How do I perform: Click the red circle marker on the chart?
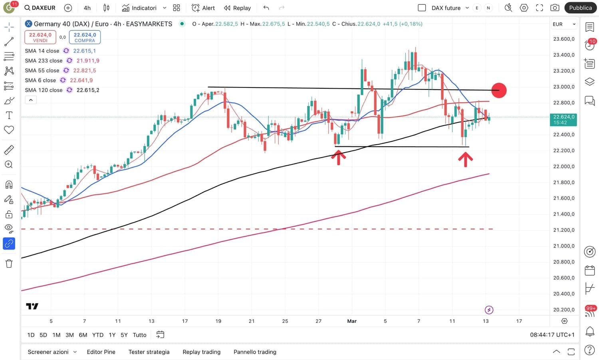[x=499, y=90]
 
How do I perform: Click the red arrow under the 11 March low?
[x=465, y=159]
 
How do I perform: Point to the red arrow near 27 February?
[x=338, y=157]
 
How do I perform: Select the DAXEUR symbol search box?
[x=40, y=8]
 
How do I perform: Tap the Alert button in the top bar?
[x=203, y=8]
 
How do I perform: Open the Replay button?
[x=237, y=8]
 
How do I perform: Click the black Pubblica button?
[x=580, y=8]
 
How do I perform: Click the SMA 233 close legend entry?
[x=44, y=61]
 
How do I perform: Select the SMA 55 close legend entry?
[x=42, y=70]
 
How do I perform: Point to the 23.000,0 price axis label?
[x=563, y=87]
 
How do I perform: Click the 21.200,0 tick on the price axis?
[x=563, y=230]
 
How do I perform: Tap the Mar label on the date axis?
[x=352, y=321]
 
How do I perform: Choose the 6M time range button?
[x=83, y=335]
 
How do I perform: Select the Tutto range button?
[x=139, y=335]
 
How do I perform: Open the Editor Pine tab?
[x=101, y=352]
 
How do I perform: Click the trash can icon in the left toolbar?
[x=9, y=264]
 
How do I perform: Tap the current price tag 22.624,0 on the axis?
[x=563, y=119]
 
